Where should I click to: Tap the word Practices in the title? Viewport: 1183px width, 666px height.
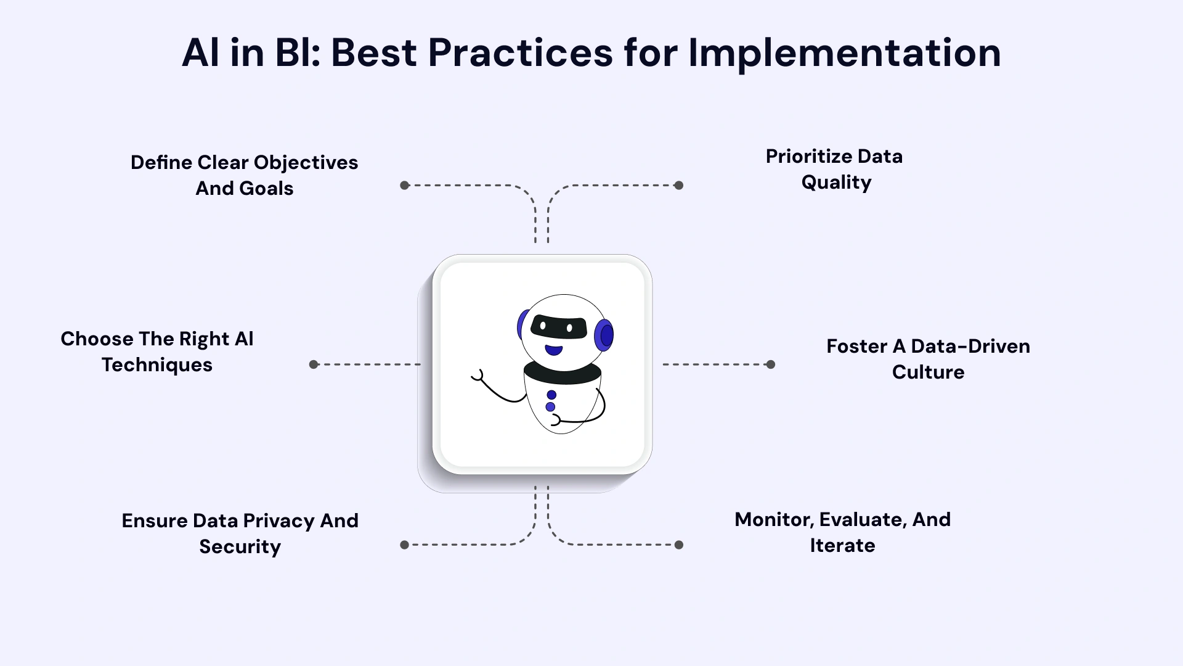point(520,53)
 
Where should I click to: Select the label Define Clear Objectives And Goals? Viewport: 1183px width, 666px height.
point(244,175)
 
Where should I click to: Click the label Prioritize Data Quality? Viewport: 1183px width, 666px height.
point(835,169)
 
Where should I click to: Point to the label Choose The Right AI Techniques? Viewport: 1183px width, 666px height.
point(157,351)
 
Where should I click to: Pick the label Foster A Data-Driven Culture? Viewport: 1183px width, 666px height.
point(928,359)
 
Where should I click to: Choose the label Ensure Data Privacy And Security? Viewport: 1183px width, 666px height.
point(240,533)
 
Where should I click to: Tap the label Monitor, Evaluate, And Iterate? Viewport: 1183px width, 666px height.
point(842,532)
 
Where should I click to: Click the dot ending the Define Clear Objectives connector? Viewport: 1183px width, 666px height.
point(405,185)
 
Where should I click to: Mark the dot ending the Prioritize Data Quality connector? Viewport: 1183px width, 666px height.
point(678,185)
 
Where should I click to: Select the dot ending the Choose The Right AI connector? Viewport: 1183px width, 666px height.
point(314,364)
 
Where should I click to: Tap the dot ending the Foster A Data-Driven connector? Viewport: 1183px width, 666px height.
point(770,364)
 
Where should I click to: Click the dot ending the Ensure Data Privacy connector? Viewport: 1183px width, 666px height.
point(405,545)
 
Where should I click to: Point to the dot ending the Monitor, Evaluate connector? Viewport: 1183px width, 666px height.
point(678,545)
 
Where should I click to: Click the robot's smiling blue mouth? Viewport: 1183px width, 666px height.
point(554,350)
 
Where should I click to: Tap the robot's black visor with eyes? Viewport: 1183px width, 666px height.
point(559,327)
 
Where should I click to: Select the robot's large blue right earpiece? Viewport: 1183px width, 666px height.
point(604,335)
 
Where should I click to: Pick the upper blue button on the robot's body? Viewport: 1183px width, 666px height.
point(551,395)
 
